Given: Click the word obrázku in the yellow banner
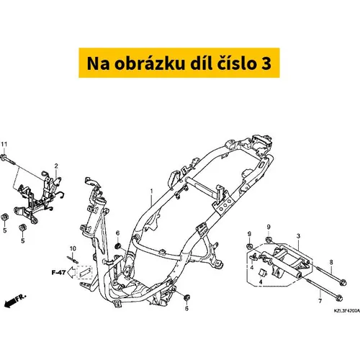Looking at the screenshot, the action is click(x=150, y=63).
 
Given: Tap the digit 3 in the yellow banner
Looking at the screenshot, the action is click(x=266, y=63).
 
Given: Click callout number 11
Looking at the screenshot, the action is click(x=4, y=144).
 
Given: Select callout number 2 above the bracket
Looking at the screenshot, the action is click(x=56, y=166).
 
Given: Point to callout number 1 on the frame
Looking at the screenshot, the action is click(x=151, y=192).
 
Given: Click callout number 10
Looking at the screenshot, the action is click(x=73, y=248).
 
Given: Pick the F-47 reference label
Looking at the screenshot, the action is click(x=58, y=272).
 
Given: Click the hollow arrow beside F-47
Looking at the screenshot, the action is click(x=71, y=272).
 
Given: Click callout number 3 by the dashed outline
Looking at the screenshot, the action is click(x=298, y=236).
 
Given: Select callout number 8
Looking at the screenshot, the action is click(x=331, y=262).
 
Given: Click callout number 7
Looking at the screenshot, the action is click(x=320, y=301).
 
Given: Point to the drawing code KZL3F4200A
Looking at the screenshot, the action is click(x=347, y=310).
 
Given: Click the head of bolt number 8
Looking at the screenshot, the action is click(x=343, y=283).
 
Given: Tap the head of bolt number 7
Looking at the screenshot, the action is click(x=339, y=298).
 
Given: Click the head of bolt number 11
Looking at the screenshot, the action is click(x=4, y=158).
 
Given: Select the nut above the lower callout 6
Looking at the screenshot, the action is click(x=186, y=297).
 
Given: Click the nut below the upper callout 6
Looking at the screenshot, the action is click(x=117, y=246).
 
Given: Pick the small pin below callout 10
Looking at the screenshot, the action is click(x=73, y=260).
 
